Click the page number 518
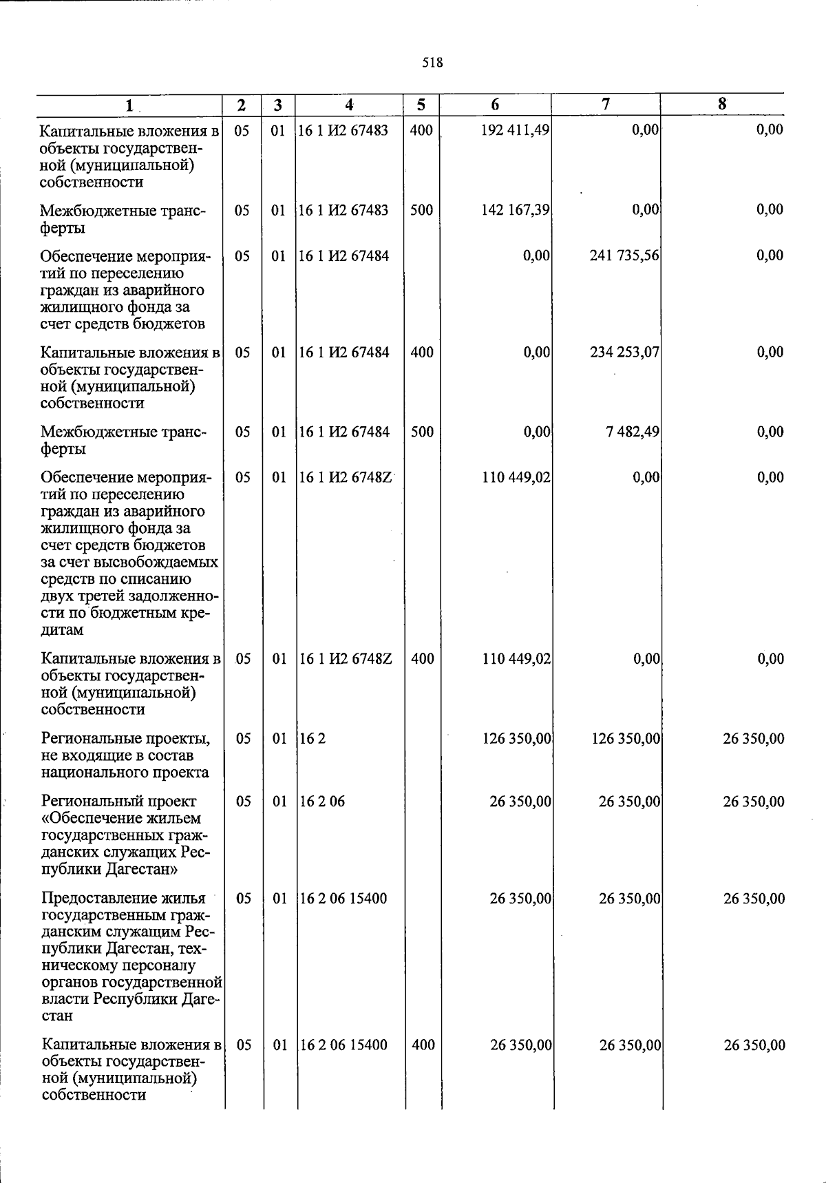coord(432,63)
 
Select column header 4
coord(350,105)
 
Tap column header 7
coord(605,104)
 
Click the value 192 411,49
coord(515,130)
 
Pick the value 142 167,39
coord(515,210)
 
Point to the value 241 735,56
coord(624,255)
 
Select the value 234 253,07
coord(624,353)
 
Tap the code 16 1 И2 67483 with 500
coord(343,210)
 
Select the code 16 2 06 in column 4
coord(323,802)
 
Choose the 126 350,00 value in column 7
coord(626,739)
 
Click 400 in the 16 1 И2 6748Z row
coord(422,659)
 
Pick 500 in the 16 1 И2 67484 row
coord(422,432)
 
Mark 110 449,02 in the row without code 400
coord(516,477)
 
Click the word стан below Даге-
coord(57,1016)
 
